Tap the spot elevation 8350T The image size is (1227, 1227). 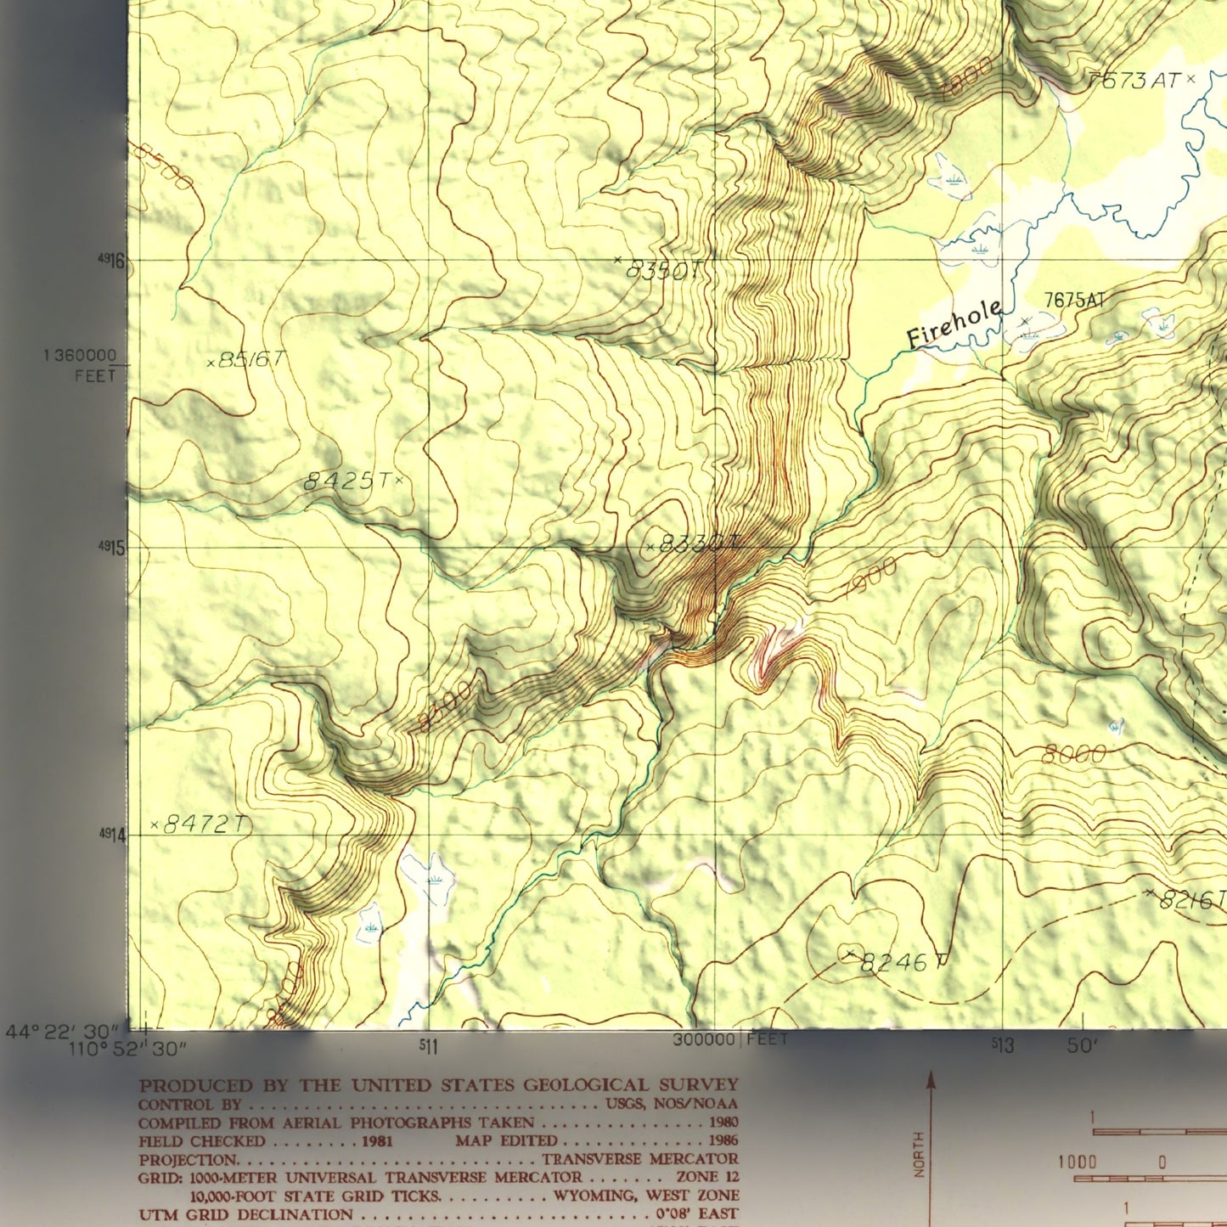[662, 270]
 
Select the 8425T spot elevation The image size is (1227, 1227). [348, 481]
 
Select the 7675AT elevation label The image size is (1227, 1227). [1074, 300]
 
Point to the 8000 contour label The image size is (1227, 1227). [1074, 754]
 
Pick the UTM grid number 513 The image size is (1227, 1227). [1003, 1046]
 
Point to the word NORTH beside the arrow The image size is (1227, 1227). [918, 1155]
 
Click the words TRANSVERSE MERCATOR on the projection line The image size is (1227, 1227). [640, 1159]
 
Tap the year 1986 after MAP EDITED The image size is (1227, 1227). [721, 1140]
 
